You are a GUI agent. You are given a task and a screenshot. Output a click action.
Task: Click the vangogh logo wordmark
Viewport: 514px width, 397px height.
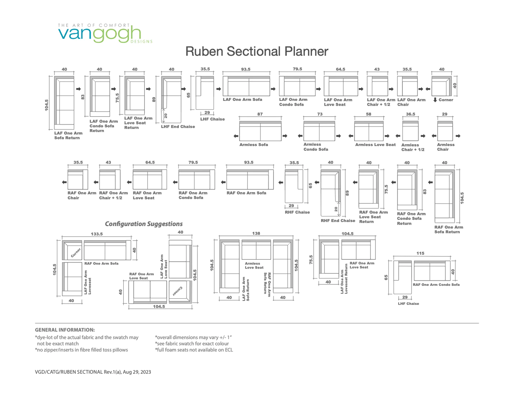tap(99, 34)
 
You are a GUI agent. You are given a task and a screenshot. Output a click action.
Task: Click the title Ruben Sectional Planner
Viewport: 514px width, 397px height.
tap(257, 51)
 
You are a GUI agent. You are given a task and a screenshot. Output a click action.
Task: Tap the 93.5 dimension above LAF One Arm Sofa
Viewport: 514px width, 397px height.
tap(246, 69)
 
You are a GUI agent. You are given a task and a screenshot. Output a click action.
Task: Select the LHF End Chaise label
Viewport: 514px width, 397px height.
tap(178, 127)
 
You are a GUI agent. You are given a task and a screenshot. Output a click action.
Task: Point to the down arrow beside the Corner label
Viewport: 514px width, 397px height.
tap(435, 100)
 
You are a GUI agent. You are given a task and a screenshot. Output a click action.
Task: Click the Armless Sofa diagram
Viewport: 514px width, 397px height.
tap(260, 131)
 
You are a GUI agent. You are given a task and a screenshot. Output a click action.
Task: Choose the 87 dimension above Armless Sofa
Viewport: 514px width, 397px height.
tap(260, 114)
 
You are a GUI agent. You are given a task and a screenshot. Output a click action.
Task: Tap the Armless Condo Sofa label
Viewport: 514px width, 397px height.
tap(316, 147)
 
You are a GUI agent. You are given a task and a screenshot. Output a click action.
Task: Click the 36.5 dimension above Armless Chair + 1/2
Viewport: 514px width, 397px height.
tap(410, 114)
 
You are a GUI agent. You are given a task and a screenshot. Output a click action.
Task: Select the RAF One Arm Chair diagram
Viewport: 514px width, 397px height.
tap(78, 179)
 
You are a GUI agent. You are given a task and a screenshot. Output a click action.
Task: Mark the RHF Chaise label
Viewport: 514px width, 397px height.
tap(297, 212)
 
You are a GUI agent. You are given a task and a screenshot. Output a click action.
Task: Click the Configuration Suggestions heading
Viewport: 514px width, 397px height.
tap(144, 224)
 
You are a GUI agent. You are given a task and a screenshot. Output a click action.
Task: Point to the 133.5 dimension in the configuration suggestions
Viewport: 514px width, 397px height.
tap(97, 234)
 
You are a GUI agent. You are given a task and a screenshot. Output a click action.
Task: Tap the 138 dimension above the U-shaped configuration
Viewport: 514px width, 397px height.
tap(256, 233)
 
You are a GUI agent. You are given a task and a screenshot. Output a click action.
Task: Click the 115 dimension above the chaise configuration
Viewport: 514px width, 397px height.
tap(420, 253)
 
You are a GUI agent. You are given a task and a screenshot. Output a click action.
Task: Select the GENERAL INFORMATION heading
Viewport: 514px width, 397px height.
tap(65, 330)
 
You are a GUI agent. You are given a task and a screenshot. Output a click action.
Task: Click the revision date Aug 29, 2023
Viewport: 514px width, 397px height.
tap(137, 372)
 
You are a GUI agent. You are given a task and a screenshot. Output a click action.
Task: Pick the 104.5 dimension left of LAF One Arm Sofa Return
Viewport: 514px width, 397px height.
tap(47, 105)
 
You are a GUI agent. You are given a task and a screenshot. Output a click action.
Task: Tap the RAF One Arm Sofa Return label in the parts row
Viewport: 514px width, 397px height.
tap(449, 229)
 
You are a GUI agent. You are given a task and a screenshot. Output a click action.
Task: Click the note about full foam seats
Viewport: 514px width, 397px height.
tap(194, 350)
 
